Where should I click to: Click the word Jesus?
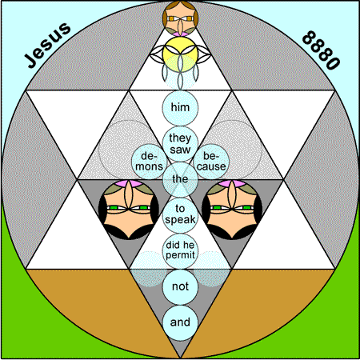pos(48,45)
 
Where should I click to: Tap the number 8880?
pos(321,50)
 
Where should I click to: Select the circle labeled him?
pos(180,107)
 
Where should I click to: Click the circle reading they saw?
pos(180,143)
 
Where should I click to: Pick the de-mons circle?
pos(150,162)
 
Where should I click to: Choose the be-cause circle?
pos(211,162)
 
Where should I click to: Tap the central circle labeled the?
pos(180,179)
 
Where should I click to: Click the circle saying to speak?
pos(180,215)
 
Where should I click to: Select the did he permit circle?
pos(180,250)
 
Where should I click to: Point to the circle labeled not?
pos(180,286)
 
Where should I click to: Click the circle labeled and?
pos(180,322)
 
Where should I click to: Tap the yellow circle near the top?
pos(180,54)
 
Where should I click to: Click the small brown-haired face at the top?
pos(180,18)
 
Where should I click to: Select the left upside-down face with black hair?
pos(129,210)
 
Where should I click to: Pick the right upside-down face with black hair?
pos(232,210)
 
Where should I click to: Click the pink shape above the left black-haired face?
pos(129,183)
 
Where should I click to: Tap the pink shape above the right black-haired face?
pos(232,183)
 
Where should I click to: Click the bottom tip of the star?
pos(180,358)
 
